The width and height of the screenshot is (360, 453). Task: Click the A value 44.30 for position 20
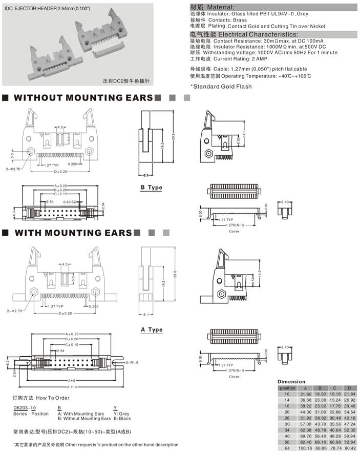pyautogui.click(x=305, y=411)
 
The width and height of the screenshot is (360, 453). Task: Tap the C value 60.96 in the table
pyautogui.click(x=335, y=441)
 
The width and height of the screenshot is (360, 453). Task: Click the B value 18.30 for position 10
pyautogui.click(x=321, y=394)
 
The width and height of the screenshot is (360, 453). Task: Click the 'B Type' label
pyautogui.click(x=152, y=188)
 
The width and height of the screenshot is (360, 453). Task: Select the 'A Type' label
pyautogui.click(x=152, y=330)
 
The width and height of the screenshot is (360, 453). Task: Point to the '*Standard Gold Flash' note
pyautogui.click(x=221, y=87)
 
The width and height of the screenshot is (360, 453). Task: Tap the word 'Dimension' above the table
pyautogui.click(x=291, y=382)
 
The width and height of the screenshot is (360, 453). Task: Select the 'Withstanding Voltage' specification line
pyautogui.click(x=263, y=52)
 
